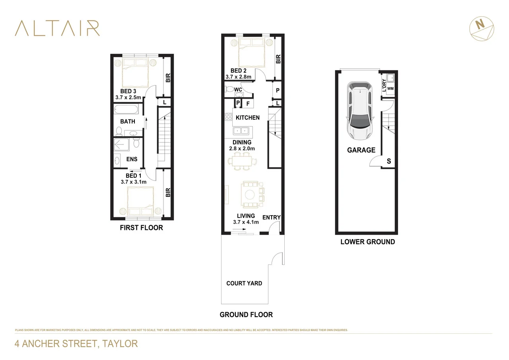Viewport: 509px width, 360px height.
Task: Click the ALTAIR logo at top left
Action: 57,28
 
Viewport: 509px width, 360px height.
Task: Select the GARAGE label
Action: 361,150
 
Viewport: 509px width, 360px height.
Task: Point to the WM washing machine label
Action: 390,88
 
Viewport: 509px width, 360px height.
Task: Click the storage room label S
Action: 389,161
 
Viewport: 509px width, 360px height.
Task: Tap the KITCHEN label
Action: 247,117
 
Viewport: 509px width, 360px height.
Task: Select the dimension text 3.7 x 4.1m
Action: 246,222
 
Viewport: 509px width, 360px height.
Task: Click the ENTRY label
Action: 272,217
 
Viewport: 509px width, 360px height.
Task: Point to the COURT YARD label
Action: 244,283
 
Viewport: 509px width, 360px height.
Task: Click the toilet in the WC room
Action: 230,89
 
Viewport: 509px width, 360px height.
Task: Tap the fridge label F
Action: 248,104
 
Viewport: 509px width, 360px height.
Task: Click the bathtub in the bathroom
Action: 126,109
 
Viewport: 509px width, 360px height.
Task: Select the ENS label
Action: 132,159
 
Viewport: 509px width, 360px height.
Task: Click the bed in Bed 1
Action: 140,201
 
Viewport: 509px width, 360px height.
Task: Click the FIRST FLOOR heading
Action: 141,228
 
